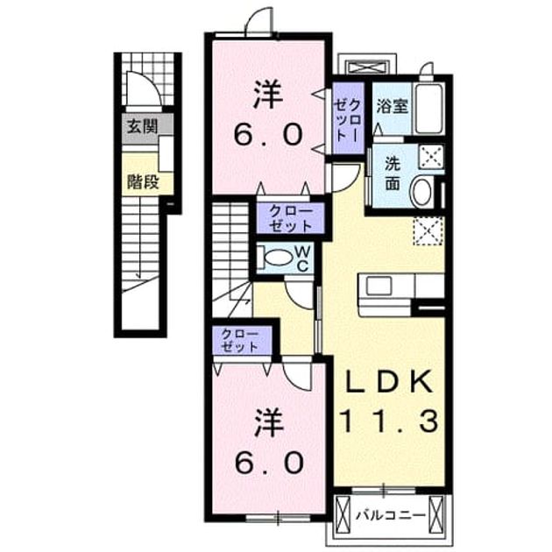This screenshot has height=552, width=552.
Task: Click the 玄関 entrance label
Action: (x=142, y=126)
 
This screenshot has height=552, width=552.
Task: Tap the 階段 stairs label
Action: (x=143, y=182)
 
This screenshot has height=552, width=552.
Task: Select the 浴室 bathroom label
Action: (x=393, y=106)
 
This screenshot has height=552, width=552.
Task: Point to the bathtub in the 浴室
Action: (x=430, y=109)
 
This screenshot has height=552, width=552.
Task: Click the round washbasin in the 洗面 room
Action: (x=422, y=192)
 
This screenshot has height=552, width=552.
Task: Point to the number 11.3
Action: (x=390, y=421)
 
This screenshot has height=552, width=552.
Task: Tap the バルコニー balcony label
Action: (x=391, y=516)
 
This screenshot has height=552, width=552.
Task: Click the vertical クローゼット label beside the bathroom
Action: (x=348, y=120)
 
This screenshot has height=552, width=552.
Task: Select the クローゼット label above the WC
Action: (x=291, y=219)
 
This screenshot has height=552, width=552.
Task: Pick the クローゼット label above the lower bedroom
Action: (x=240, y=341)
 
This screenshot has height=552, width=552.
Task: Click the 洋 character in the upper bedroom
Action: (x=269, y=95)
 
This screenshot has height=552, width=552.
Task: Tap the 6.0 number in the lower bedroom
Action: (x=269, y=463)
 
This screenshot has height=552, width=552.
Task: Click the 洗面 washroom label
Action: (x=393, y=173)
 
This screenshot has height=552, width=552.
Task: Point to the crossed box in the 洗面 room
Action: (x=431, y=156)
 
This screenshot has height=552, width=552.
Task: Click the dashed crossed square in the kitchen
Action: (x=428, y=231)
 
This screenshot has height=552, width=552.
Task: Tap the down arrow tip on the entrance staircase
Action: (x=140, y=277)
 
